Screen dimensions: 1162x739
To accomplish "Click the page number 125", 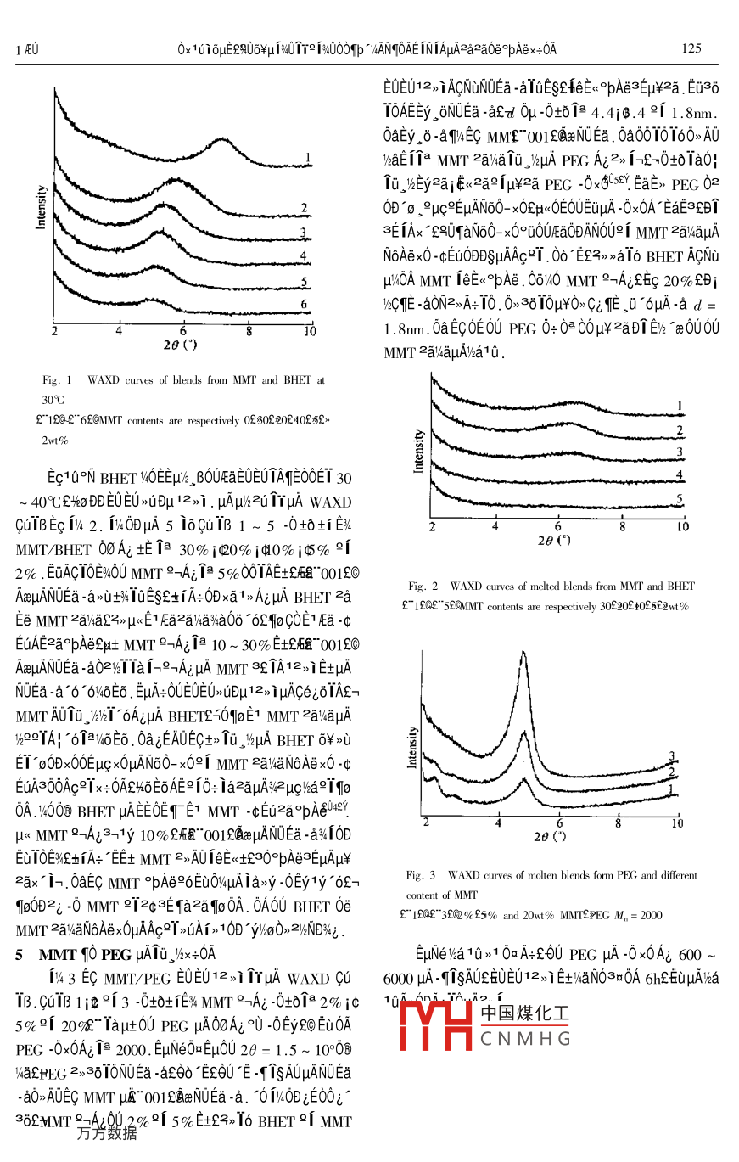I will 691,48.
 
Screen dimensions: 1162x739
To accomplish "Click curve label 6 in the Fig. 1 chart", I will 303,303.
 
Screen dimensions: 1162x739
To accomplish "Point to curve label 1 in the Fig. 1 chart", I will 310,156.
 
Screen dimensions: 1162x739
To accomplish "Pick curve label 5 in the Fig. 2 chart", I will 680,498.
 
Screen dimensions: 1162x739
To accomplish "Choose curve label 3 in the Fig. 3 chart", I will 670,755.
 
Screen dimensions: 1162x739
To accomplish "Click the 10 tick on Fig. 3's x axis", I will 676,823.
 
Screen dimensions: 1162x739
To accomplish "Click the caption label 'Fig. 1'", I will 58,380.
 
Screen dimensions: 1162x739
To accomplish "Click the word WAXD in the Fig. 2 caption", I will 466,586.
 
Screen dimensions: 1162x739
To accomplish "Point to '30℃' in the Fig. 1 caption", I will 53,399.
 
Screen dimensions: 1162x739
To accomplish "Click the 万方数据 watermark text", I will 106,1132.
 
